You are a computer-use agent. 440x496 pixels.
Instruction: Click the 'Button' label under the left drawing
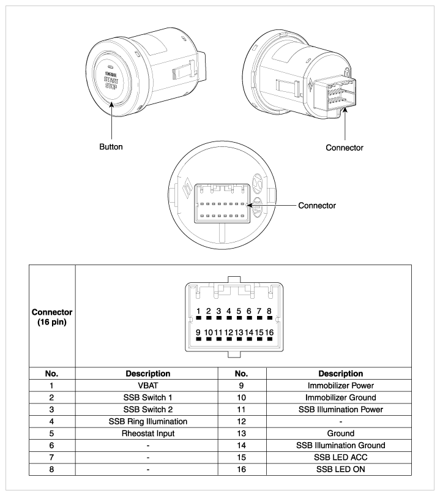point(111,148)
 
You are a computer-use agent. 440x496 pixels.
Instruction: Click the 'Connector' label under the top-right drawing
point(345,148)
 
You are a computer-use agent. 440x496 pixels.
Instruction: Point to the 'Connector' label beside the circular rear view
point(316,205)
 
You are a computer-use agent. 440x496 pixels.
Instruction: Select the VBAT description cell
point(146,386)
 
